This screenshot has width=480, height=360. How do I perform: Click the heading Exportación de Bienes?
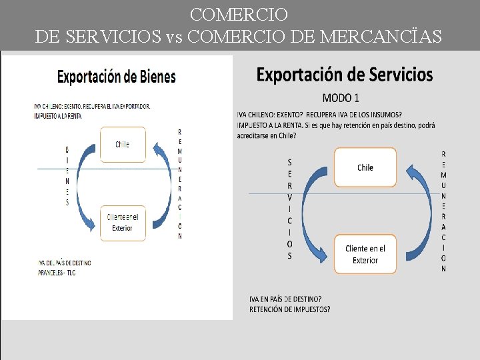pos(116,77)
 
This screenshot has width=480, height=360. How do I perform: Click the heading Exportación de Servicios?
pos(345,74)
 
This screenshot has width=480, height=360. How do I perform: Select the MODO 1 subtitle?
pos(341,98)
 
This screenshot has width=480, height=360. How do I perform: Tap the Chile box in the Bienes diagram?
pos(122,144)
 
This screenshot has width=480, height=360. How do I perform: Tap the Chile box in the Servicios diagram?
pos(365,167)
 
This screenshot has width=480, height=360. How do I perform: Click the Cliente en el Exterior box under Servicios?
pos(365,254)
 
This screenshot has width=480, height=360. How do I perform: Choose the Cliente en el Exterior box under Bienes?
pos(122,222)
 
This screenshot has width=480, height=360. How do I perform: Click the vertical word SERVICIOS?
pos(289,209)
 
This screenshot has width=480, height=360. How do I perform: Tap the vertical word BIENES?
pos(67,175)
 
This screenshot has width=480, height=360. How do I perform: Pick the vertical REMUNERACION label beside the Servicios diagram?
pos(444,211)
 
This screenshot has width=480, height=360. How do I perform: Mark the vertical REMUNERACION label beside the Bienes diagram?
pos(180,183)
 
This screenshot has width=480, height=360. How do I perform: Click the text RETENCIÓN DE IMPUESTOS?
pos(289,309)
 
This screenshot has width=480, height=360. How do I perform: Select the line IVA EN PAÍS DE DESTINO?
pos(285,299)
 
